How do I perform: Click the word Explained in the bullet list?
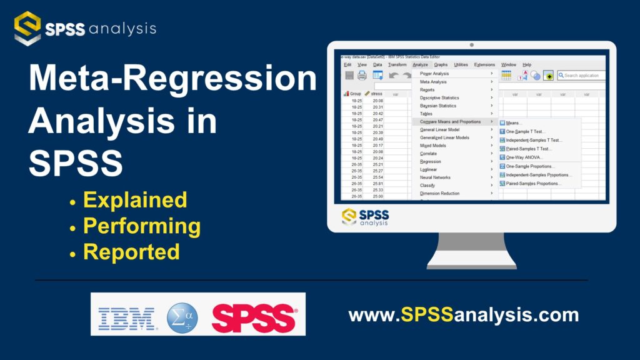point(134,200)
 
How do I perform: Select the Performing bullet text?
point(142,226)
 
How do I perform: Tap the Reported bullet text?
point(131,251)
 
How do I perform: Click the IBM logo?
point(127,319)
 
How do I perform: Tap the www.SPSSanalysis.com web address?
point(463,314)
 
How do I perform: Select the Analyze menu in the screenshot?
point(420,64)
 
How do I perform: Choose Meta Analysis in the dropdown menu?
point(433,82)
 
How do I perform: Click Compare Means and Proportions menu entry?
point(450,122)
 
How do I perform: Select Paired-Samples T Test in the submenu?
point(529,149)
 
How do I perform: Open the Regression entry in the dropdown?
point(430,161)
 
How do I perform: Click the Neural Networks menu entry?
point(435,177)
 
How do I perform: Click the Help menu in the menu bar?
point(527,64)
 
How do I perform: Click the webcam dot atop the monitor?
point(471,45)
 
